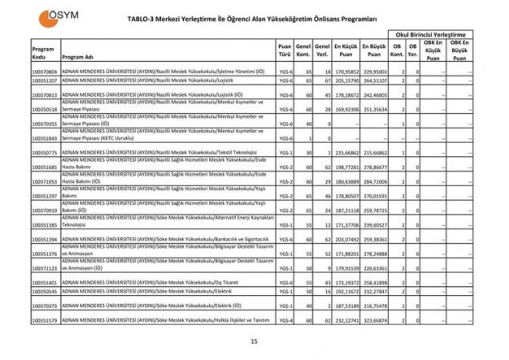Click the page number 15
[x=253, y=342]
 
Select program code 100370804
[x=44, y=72]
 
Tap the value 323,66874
[x=374, y=320]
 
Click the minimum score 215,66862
[x=345, y=152]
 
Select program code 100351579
[x=44, y=320]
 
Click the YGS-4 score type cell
[x=285, y=320]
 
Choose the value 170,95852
[x=345, y=72]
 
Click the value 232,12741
[x=345, y=320]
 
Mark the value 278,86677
[x=374, y=167]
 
